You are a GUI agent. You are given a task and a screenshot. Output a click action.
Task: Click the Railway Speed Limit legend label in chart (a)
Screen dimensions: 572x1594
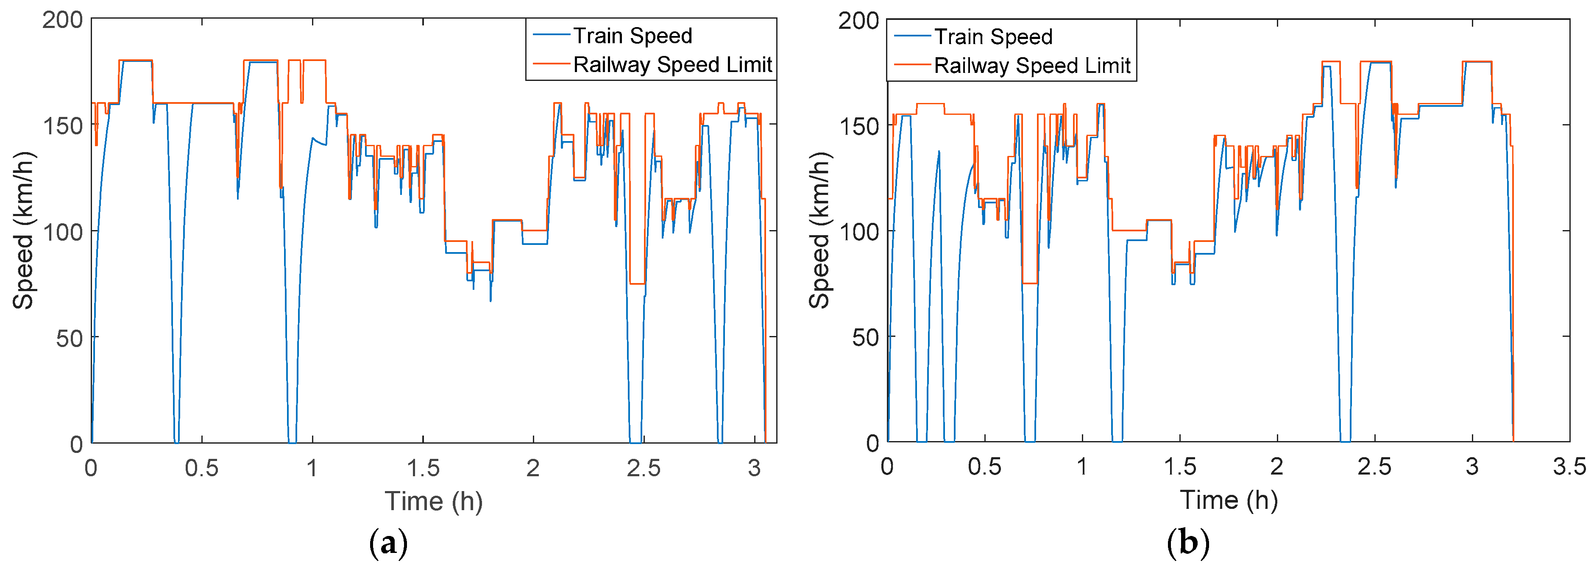(x=673, y=64)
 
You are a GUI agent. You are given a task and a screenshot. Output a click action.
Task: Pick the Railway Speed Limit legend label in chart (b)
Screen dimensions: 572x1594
(x=1032, y=66)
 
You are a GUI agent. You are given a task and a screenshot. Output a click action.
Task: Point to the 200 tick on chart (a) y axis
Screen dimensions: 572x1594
(x=62, y=20)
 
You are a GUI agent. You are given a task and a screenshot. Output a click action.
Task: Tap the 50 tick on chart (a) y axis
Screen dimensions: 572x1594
(x=69, y=338)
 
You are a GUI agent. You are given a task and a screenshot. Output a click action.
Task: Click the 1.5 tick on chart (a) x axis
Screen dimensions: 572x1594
(x=423, y=468)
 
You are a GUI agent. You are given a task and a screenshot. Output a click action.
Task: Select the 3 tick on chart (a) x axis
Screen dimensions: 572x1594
(x=754, y=468)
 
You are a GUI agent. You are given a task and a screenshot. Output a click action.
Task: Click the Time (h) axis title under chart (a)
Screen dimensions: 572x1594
(x=433, y=501)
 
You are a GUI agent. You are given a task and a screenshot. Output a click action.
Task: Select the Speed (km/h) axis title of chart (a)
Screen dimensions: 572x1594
(x=23, y=230)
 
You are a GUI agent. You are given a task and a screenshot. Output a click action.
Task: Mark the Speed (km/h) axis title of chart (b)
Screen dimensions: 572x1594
(x=819, y=230)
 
